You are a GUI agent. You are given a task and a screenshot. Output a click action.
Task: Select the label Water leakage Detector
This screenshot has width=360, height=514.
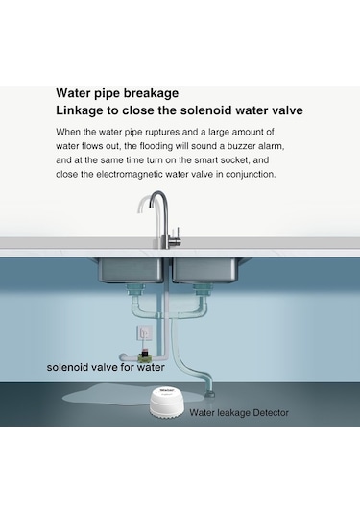click(x=239, y=413)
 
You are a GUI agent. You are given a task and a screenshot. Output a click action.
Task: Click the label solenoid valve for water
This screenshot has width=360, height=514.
click(x=106, y=367)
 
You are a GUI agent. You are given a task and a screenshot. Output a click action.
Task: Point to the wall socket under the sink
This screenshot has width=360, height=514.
click(x=144, y=334)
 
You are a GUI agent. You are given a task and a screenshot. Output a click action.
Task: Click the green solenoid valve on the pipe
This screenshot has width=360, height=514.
click(x=144, y=354)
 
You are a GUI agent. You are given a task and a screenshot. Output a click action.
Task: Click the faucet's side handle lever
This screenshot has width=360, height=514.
click(x=178, y=235)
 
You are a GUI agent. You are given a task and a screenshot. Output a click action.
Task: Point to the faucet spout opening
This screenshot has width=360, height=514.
click(x=151, y=204)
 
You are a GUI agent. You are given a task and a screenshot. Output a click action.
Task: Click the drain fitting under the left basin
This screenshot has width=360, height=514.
click(x=135, y=289)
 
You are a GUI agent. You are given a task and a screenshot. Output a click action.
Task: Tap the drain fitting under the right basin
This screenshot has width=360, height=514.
click(x=203, y=289)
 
